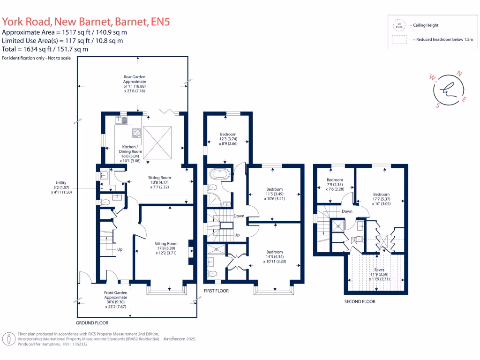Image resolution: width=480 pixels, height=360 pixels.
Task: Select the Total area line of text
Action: [x=45, y=49]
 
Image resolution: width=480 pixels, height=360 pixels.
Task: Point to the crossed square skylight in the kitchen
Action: [x=157, y=143]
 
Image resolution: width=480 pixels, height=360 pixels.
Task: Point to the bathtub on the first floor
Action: [x=219, y=175]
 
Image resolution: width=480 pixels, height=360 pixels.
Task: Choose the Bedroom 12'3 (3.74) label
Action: [x=228, y=139]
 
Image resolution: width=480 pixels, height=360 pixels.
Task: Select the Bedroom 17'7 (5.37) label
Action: [x=381, y=199]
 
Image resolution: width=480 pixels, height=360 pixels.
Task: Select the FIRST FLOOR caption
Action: [x=216, y=291]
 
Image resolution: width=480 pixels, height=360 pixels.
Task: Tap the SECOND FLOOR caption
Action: [x=360, y=301]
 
